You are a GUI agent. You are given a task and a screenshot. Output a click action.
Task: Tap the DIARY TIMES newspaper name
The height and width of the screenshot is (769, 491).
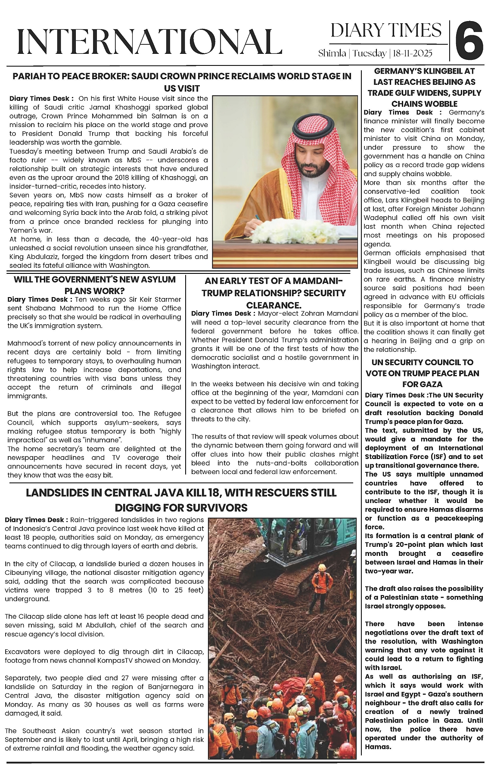click(386, 30)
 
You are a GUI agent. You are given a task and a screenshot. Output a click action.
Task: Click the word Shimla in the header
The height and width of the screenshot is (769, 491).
click(332, 53)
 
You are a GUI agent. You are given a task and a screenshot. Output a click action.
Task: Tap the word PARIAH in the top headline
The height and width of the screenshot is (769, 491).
click(30, 77)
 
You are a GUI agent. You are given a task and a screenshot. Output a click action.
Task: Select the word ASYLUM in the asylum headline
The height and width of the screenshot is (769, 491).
click(155, 279)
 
